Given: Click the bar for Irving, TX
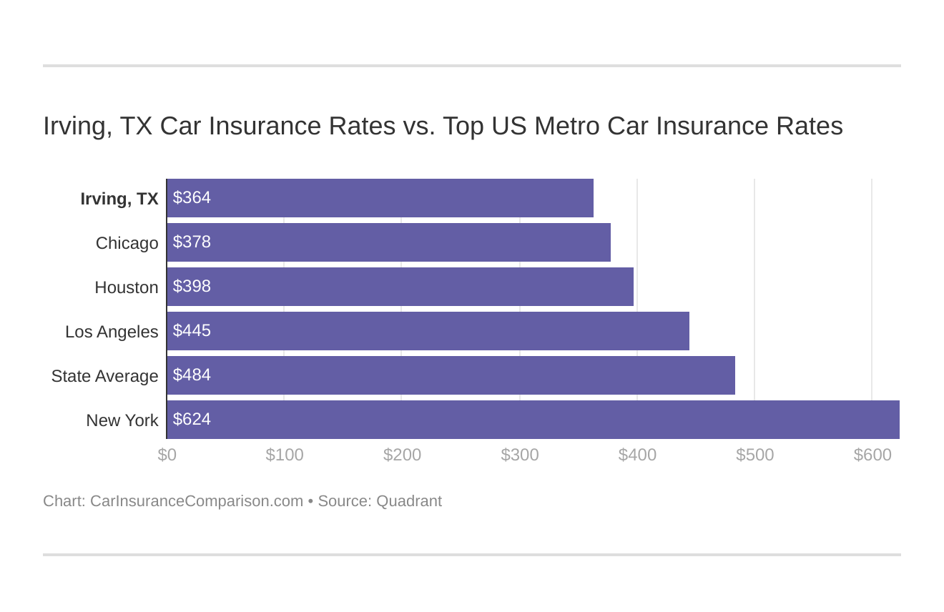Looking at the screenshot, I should pos(380,198).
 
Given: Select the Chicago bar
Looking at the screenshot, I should pos(388,242).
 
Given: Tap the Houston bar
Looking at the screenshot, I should pos(400,287).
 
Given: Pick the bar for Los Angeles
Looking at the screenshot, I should pos(428,331).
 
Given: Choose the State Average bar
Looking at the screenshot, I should pos(451,375).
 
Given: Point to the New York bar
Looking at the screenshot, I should pos(533,420).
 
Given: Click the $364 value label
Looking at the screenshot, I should pos(192,198).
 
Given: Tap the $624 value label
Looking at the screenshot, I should pos(192,420).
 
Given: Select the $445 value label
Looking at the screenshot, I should pos(192,331).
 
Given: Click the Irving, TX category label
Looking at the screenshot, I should pos(119,199).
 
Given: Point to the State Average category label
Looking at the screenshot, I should pos(104,376).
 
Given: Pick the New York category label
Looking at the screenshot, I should pos(122,420).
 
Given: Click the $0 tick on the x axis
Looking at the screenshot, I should pos(167,455).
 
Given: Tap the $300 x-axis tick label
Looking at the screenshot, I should pos(520,455).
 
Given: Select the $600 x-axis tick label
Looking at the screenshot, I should pos(872,455).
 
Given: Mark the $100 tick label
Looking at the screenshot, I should pos(285,455).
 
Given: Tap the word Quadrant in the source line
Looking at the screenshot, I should pos(408,501).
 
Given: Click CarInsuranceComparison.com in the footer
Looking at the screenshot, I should pos(197,501).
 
